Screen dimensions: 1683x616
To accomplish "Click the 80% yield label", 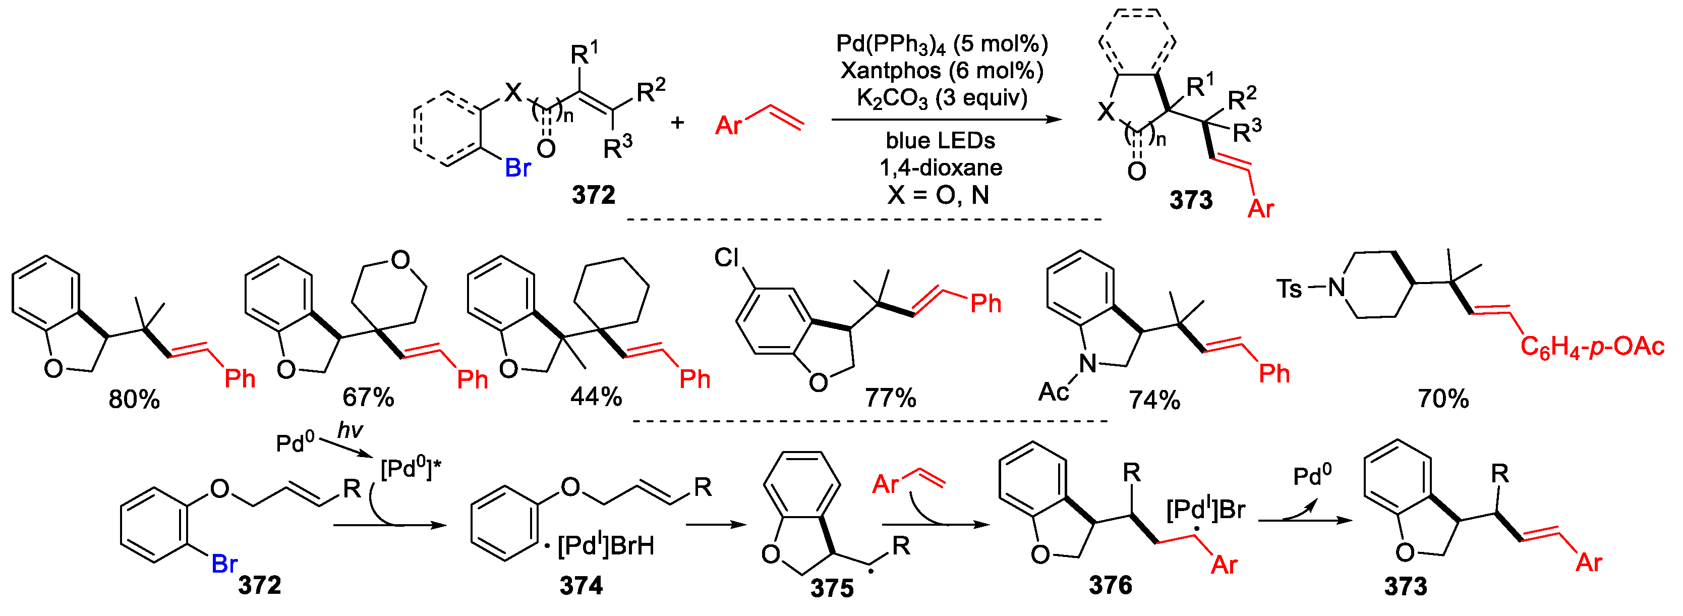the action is pyautogui.click(x=134, y=399).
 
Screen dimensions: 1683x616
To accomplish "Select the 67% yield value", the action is pyautogui.click(x=368, y=397).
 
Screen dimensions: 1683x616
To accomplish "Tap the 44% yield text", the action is pyautogui.click(x=595, y=397).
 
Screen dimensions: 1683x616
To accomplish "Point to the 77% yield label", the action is pyautogui.click(x=890, y=397).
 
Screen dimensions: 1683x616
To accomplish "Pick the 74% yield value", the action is pyautogui.click(x=1154, y=400).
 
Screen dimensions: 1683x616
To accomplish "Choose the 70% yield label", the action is pyautogui.click(x=1443, y=399).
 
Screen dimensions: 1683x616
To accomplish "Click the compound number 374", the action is pyautogui.click(x=581, y=585).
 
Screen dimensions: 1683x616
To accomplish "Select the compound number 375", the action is pyautogui.click(x=832, y=588).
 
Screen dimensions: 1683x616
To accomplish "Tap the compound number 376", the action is pyautogui.click(x=1110, y=585).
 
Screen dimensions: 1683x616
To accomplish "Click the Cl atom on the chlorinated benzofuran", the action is pyautogui.click(x=727, y=258).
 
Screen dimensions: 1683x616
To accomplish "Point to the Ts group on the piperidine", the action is pyautogui.click(x=1289, y=288).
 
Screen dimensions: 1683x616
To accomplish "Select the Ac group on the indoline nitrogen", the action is pyautogui.click(x=1053, y=392).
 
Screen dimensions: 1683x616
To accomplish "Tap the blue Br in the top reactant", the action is pyautogui.click(x=517, y=169).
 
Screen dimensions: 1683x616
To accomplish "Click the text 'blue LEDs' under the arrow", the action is pyautogui.click(x=940, y=140).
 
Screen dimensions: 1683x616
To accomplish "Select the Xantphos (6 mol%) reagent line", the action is pyautogui.click(x=942, y=71).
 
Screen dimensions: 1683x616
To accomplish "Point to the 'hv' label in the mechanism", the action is pyautogui.click(x=350, y=430).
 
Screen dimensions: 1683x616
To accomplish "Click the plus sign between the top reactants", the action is pyautogui.click(x=677, y=122).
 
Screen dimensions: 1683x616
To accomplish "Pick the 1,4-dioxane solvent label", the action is pyautogui.click(x=941, y=168).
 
